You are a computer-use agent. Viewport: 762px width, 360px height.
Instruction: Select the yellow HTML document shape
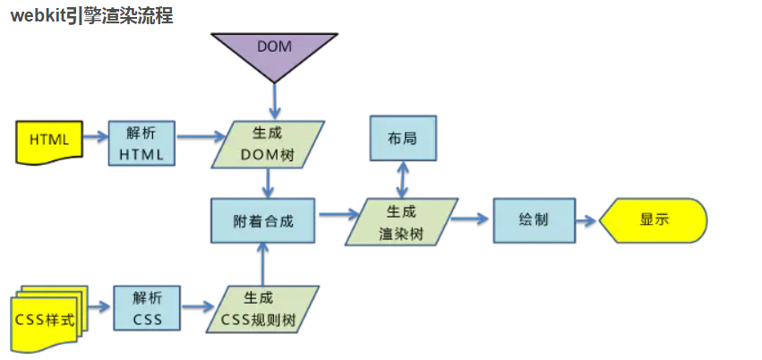(49, 140)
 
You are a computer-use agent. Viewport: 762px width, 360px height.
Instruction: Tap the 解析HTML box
(141, 143)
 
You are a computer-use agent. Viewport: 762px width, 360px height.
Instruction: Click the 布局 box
(403, 138)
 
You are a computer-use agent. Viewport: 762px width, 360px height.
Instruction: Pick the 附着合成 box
(263, 219)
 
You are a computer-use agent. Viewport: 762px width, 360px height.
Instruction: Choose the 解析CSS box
(147, 309)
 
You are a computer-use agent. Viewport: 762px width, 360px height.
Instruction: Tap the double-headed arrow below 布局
(403, 180)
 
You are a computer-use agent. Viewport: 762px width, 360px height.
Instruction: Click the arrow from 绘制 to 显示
(586, 220)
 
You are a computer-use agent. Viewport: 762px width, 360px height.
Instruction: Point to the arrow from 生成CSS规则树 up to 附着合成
(262, 264)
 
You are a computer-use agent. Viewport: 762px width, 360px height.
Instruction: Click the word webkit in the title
(37, 15)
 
